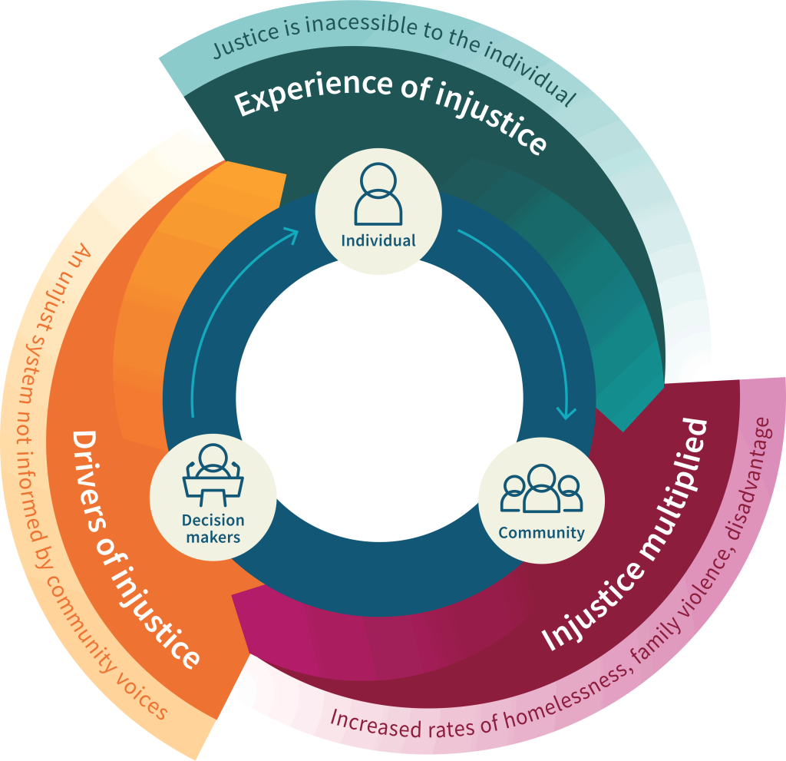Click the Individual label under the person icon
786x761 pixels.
tap(378, 240)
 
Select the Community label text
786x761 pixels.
tap(541, 532)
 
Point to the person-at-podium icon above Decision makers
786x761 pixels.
tap(213, 470)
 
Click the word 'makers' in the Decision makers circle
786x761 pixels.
tap(213, 538)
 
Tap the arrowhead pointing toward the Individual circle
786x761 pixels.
tap(292, 233)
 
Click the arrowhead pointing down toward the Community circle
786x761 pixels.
tap(566, 412)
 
